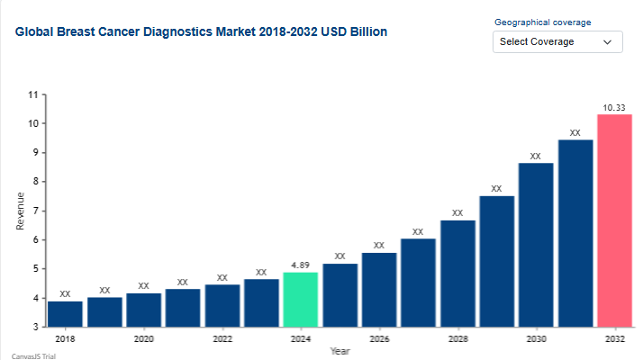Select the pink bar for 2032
click(x=614, y=220)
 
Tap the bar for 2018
click(x=65, y=313)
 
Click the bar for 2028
click(x=457, y=273)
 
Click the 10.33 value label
click(x=614, y=108)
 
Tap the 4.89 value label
click(x=300, y=265)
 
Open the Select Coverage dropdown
click(x=557, y=41)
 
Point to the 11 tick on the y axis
click(x=33, y=94)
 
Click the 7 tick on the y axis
click(x=35, y=211)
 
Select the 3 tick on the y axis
click(x=35, y=327)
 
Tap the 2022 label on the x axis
click(x=222, y=339)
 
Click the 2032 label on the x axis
click(x=614, y=339)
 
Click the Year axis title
click(x=340, y=351)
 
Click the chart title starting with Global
click(x=202, y=31)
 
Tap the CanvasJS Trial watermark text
click(x=26, y=355)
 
